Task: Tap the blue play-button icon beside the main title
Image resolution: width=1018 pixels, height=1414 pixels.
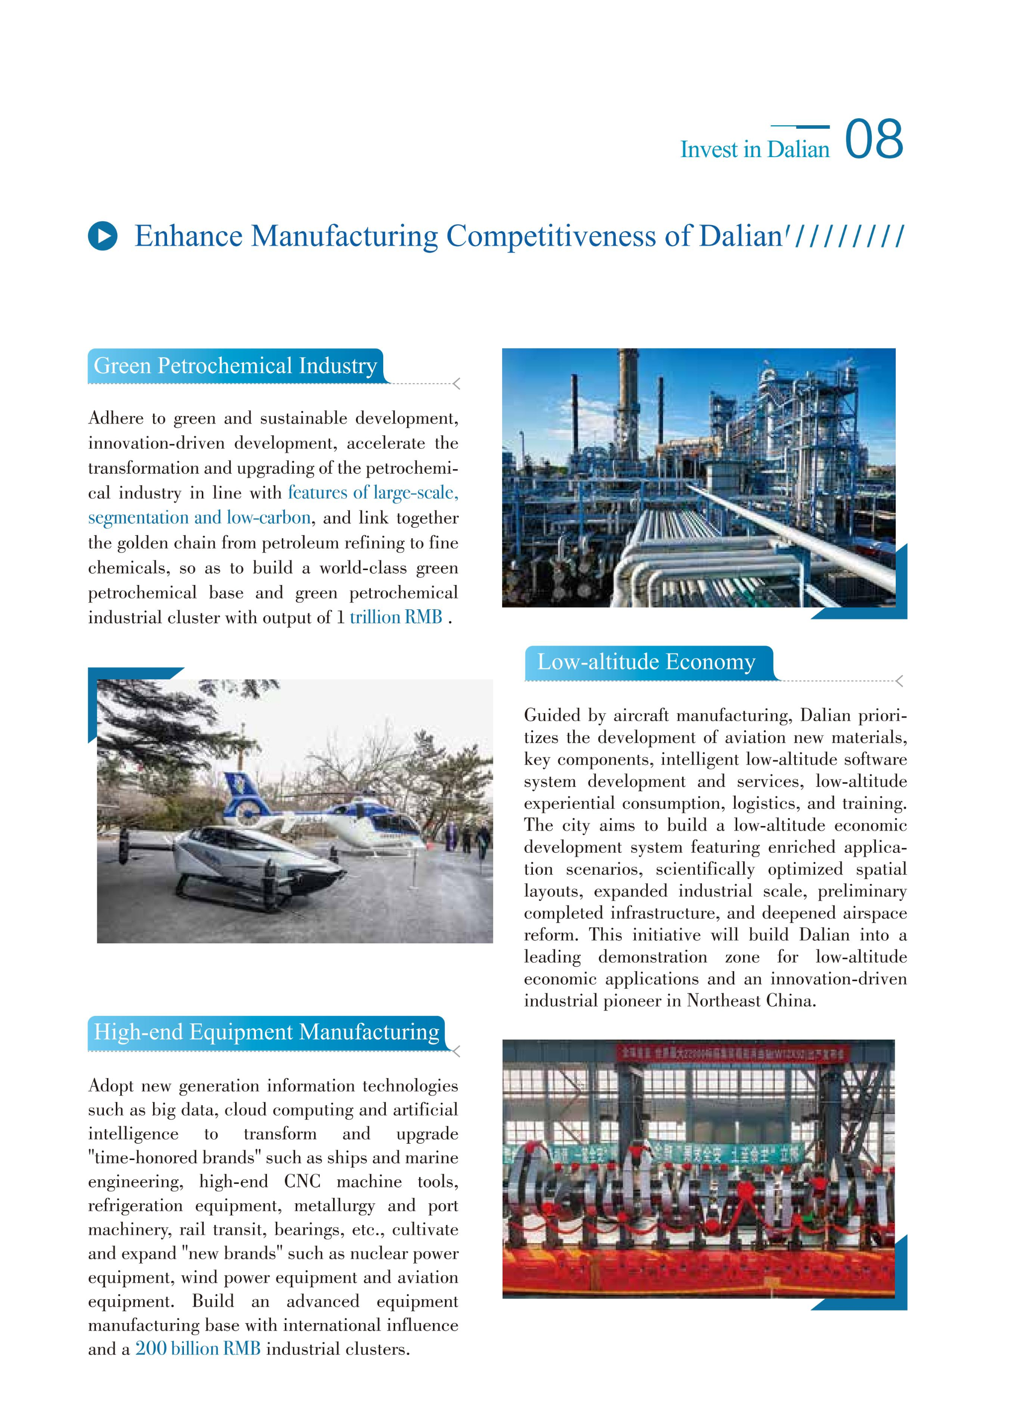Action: (x=102, y=236)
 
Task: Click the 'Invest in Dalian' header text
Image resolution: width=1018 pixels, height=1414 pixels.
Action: (x=755, y=150)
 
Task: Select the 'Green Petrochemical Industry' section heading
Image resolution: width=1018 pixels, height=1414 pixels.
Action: (x=235, y=366)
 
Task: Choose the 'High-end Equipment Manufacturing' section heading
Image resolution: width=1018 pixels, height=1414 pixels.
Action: (x=266, y=1032)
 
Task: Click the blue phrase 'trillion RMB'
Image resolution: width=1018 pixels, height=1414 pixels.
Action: (x=395, y=617)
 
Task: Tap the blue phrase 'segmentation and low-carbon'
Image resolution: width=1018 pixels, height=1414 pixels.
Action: (x=199, y=517)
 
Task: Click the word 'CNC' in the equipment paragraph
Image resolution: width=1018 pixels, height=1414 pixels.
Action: (x=302, y=1181)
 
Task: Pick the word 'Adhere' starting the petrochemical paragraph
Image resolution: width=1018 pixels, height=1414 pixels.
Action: (x=115, y=418)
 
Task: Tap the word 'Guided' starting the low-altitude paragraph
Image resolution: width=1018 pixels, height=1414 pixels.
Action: (x=551, y=715)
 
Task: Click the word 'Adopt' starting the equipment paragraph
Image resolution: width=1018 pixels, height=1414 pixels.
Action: (x=110, y=1085)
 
